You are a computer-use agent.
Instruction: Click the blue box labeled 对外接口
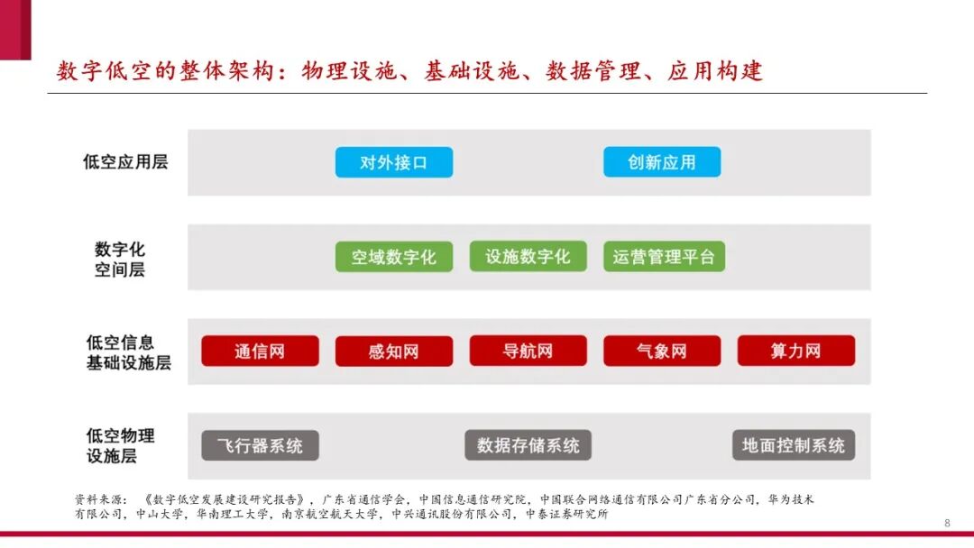click(393, 162)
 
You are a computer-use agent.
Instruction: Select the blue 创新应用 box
click(662, 162)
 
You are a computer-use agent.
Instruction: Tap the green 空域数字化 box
click(393, 257)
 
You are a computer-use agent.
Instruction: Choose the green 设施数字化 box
click(528, 257)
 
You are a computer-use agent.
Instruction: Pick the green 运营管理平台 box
click(664, 257)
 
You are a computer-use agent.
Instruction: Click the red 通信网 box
click(260, 352)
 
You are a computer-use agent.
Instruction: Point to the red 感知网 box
click(393, 352)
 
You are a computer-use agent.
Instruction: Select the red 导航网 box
click(528, 352)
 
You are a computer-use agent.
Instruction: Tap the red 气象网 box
click(662, 352)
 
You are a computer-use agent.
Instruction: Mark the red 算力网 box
click(795, 352)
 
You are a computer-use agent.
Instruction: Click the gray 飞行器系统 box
click(260, 445)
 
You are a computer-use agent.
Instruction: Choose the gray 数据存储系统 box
click(528, 445)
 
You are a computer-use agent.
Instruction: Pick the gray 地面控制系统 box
click(794, 445)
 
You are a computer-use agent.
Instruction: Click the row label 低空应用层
click(125, 162)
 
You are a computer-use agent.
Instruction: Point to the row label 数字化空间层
click(120, 259)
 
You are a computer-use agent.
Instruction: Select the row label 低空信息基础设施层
click(128, 352)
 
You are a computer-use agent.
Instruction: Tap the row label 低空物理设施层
click(120, 445)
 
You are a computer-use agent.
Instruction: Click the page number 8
click(947, 523)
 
